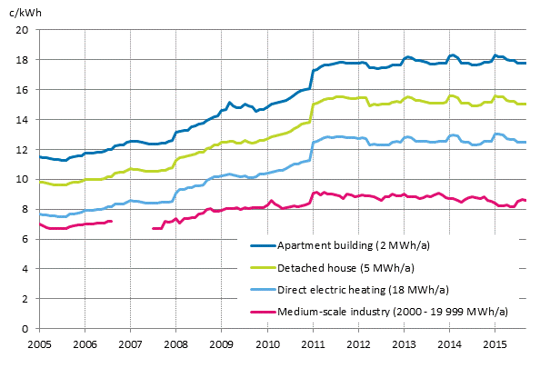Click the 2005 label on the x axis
pyautogui.click(x=39, y=345)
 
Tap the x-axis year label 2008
pyautogui.click(x=175, y=345)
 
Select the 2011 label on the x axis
pyautogui.click(x=313, y=345)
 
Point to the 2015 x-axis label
pyautogui.click(x=495, y=345)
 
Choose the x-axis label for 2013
pyautogui.click(x=404, y=345)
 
